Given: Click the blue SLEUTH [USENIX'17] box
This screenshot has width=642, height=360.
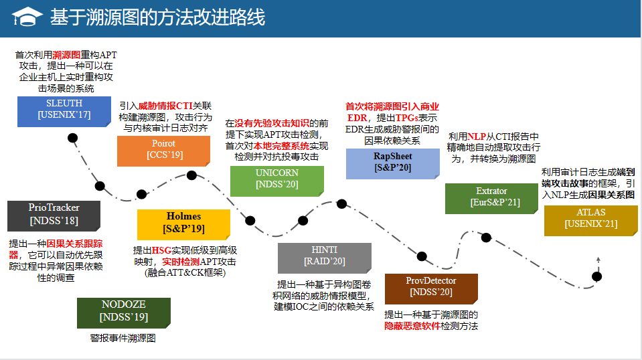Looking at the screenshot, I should coord(64,110).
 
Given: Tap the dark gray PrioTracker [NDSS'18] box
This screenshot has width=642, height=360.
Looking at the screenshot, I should coord(54,215).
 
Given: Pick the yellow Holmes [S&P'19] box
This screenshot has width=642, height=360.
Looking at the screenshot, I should coord(183,223).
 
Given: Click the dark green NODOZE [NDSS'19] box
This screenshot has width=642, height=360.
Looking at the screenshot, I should coord(124,312).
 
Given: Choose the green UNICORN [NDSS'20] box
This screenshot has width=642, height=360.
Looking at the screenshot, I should coord(276,179).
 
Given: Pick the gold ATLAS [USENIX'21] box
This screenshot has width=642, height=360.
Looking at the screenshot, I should coord(590,219).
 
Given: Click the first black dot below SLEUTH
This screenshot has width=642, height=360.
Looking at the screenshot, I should coord(73,139).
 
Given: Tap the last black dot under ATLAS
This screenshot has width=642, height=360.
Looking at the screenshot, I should coord(597,276).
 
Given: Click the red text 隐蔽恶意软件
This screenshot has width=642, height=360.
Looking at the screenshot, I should coord(412,326).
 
